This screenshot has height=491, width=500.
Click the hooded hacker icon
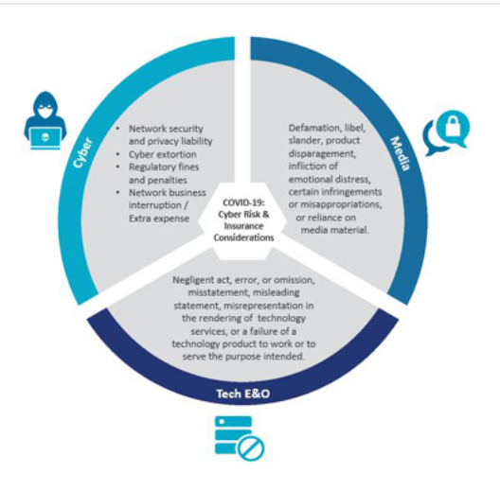point(45,120)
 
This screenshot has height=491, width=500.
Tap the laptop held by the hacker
point(45,138)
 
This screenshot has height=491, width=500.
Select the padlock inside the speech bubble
point(453,126)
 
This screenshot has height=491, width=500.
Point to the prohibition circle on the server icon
point(251,448)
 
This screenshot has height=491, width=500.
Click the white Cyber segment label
point(82,152)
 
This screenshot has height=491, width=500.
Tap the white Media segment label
point(401,153)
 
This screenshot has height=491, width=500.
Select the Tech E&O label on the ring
point(243,394)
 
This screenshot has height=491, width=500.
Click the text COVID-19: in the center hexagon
point(244,202)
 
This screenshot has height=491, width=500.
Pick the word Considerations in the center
point(243,237)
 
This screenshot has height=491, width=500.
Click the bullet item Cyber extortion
point(162,154)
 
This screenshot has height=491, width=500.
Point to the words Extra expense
point(159,219)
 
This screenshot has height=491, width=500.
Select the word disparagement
point(322,153)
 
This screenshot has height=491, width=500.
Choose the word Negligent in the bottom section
point(193,280)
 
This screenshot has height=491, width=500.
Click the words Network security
point(166,129)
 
